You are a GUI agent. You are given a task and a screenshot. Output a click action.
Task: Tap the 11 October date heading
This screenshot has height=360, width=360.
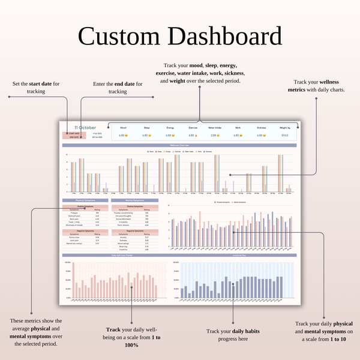pyautogui.click(x=85, y=127)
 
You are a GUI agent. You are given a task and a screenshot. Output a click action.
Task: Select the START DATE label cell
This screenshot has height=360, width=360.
pyautogui.click(x=75, y=133)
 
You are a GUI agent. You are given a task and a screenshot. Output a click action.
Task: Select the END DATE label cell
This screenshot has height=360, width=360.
pyautogui.click(x=75, y=138)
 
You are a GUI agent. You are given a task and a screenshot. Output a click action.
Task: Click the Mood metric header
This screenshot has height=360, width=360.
pyautogui.click(x=123, y=128)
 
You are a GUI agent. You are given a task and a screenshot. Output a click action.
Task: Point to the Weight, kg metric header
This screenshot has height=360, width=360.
pyautogui.click(x=284, y=128)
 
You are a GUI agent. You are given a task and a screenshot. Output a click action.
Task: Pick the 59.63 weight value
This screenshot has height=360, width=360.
pyautogui.click(x=284, y=135)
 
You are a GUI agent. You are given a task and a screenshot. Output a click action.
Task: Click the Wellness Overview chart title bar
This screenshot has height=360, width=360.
pyautogui.click(x=179, y=145)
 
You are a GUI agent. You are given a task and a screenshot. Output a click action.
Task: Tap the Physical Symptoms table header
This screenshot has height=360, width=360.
pyautogui.click(x=85, y=200)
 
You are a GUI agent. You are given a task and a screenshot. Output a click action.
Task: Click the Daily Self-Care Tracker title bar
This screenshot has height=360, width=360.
pyautogui.click(x=113, y=256)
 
